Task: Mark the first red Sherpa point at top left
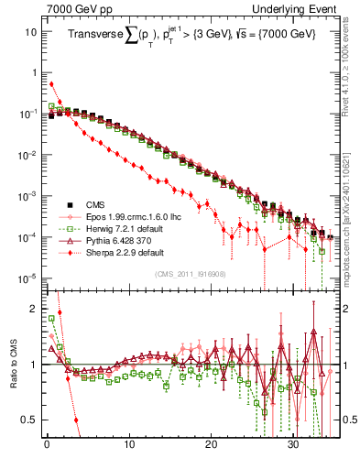click(50, 84)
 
